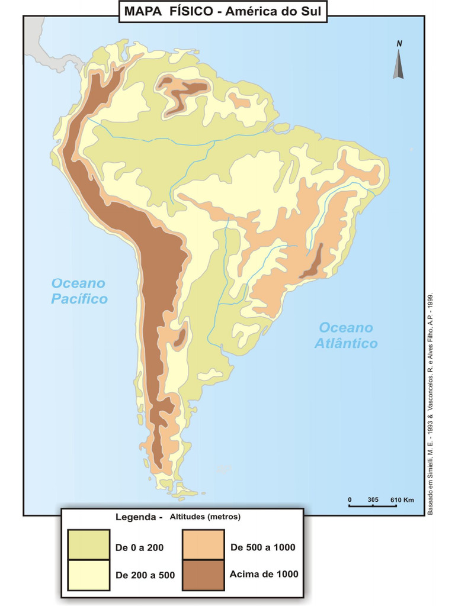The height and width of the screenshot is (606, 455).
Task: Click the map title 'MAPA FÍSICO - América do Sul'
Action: [223, 11]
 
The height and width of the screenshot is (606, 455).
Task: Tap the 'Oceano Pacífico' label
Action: [79, 291]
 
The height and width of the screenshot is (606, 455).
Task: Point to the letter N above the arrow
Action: [399, 43]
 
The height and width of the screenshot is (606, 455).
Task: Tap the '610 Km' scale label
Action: [402, 499]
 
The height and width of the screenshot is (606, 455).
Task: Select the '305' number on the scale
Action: [373, 499]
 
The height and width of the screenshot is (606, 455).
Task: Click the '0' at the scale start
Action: [350, 499]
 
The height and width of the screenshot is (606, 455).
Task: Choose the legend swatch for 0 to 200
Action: [88, 544]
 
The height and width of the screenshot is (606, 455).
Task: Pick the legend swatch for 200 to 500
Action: [88, 575]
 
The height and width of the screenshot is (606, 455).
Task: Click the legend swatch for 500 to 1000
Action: [203, 544]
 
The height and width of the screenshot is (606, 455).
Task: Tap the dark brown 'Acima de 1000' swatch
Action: [203, 575]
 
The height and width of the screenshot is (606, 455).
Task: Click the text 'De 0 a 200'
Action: [139, 547]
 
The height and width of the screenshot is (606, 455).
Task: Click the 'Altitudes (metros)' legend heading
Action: [205, 517]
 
